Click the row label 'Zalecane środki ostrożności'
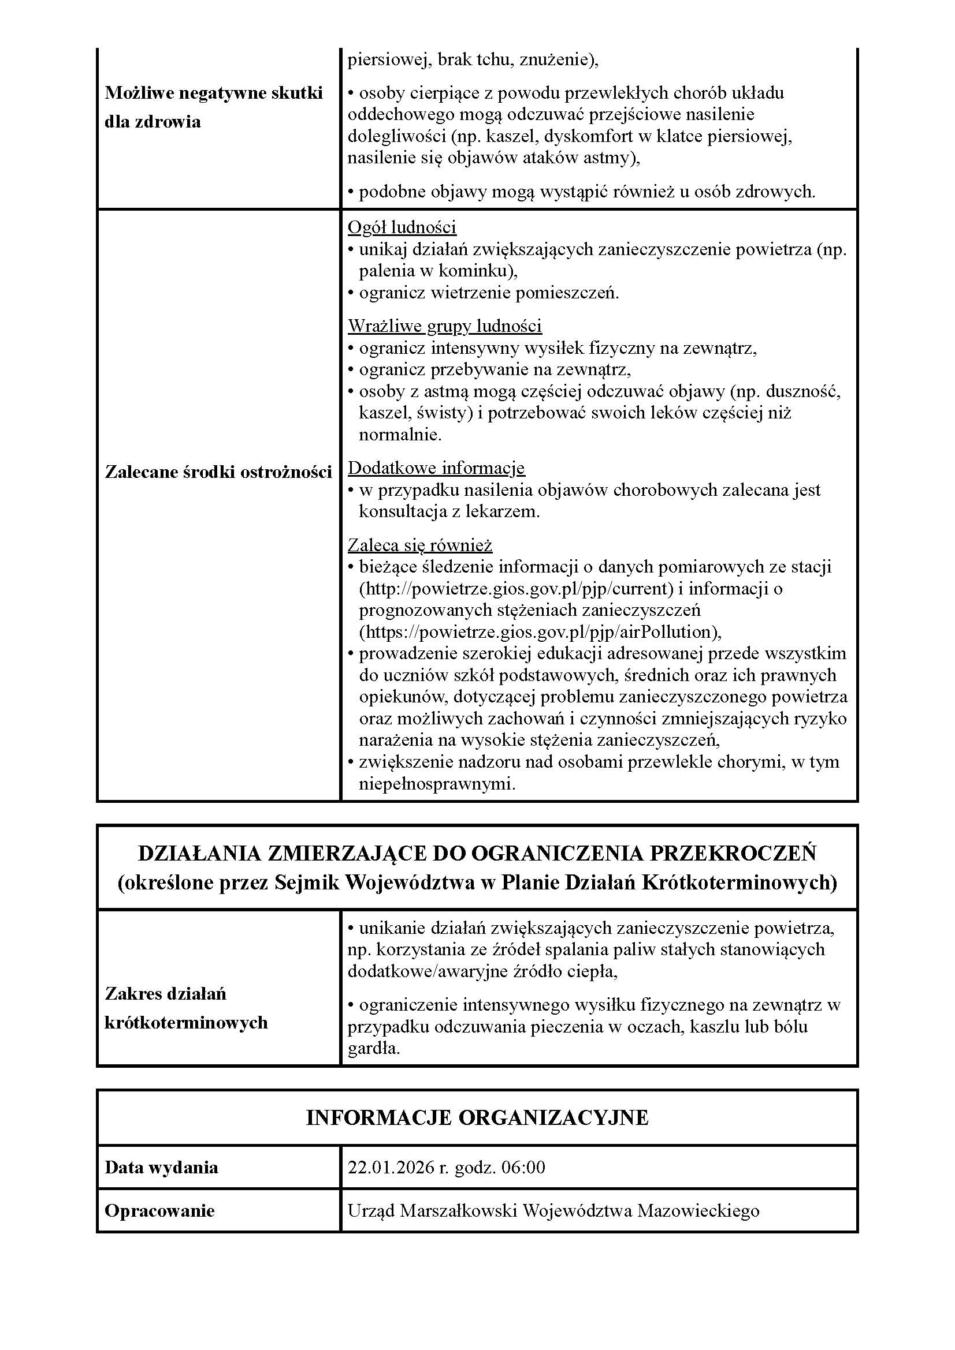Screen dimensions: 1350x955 pyautogui.click(x=218, y=472)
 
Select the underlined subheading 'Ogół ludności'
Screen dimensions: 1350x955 pyautogui.click(x=402, y=227)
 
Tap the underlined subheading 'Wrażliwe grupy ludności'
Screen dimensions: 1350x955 pyautogui.click(x=445, y=326)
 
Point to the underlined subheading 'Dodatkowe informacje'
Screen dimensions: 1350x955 pyautogui.click(x=436, y=468)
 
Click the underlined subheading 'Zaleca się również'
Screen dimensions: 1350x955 pyautogui.click(x=419, y=545)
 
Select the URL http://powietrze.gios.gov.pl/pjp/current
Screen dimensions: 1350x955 pyautogui.click(x=516, y=589)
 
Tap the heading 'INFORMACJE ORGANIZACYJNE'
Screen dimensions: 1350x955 pyautogui.click(x=477, y=1118)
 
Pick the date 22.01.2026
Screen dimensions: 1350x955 pyautogui.click(x=391, y=1167)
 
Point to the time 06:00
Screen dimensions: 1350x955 pyautogui.click(x=523, y=1167)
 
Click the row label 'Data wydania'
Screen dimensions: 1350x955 pyautogui.click(x=161, y=1167)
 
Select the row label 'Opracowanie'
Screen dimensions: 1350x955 pyautogui.click(x=159, y=1211)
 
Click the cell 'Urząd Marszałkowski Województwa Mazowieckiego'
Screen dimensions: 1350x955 pyautogui.click(x=553, y=1211)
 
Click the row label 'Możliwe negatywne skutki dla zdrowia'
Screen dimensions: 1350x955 pyautogui.click(x=214, y=107)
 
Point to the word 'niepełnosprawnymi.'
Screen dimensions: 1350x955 pyautogui.click(x=437, y=784)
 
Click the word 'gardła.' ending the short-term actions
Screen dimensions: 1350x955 pyautogui.click(x=374, y=1048)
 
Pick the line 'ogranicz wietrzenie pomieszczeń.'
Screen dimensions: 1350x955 pyautogui.click(x=488, y=293)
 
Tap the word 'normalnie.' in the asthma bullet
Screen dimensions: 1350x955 pyautogui.click(x=400, y=435)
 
